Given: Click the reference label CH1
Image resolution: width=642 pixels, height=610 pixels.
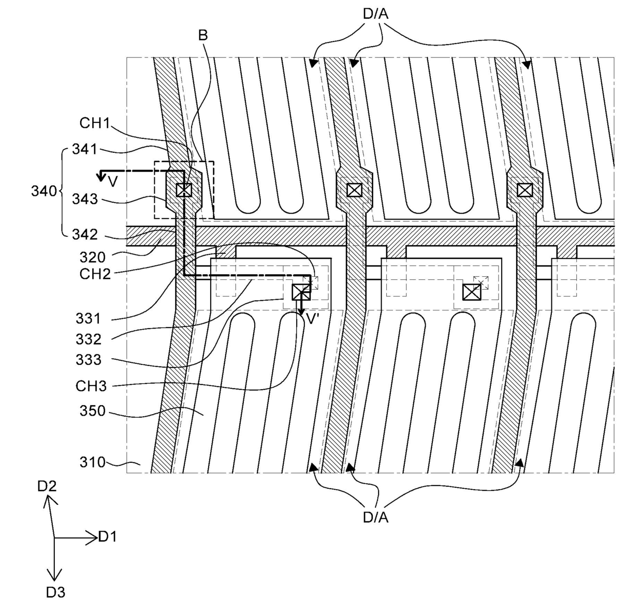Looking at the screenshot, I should [x=95, y=123].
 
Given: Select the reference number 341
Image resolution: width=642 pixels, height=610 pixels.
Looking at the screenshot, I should [x=84, y=150].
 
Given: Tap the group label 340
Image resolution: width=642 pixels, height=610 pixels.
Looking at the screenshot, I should [x=43, y=191].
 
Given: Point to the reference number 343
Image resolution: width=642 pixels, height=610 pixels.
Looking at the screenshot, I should [x=84, y=198].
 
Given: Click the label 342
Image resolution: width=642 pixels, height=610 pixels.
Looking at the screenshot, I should [x=84, y=234].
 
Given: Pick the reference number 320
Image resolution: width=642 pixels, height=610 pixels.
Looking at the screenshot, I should [x=92, y=257].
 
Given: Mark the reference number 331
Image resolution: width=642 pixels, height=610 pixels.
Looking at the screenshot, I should [x=89, y=318].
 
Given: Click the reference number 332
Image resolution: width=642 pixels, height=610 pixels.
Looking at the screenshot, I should [x=89, y=339].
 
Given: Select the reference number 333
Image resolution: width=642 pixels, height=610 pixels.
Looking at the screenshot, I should [x=89, y=359].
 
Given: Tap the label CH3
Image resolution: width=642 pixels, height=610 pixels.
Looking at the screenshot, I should [x=91, y=386].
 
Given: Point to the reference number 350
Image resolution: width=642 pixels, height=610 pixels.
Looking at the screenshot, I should [x=92, y=411].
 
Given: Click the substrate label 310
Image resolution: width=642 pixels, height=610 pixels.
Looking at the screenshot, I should [x=92, y=462].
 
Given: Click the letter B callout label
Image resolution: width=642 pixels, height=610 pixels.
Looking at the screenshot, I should [x=203, y=35].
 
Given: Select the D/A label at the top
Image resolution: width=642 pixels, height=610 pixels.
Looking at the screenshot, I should [x=375, y=14].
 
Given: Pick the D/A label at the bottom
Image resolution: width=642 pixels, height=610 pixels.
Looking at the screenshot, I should [x=375, y=517].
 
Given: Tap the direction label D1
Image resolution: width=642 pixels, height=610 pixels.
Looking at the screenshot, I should [x=108, y=537].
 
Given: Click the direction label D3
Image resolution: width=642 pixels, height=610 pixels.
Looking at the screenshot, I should [x=55, y=592].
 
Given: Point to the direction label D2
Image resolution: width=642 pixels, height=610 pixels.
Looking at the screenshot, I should [x=47, y=486].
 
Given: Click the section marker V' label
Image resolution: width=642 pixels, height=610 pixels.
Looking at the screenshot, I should [x=312, y=319].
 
